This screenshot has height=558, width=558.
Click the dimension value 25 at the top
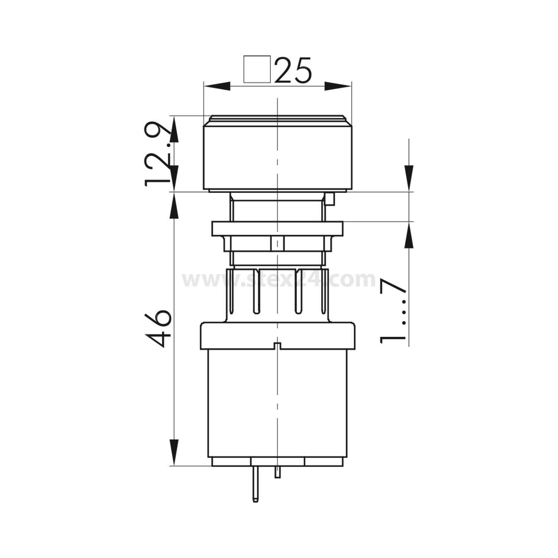tap(293, 70)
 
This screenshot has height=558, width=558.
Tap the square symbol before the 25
tap(257, 69)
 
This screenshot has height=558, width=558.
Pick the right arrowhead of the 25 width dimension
tap(338, 86)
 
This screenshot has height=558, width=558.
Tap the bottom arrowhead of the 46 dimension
tap(174, 452)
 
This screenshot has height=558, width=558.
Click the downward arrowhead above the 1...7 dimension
tap(409, 179)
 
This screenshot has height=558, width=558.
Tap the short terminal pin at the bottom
tap(277, 472)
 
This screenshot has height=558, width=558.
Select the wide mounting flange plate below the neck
tap(277, 228)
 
